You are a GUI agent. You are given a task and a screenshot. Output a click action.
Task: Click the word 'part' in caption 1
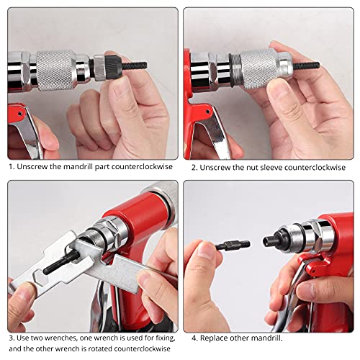(96, 167)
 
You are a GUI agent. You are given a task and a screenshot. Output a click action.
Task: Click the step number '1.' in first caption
(11, 167)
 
